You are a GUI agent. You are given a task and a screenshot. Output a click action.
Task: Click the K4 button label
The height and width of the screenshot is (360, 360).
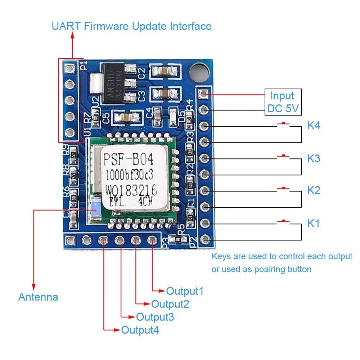click(x=314, y=126)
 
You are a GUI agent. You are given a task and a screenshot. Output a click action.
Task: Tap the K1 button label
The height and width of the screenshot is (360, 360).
click(x=314, y=224)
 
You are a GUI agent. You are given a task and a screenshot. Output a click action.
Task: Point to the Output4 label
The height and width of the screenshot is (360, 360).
click(x=140, y=330)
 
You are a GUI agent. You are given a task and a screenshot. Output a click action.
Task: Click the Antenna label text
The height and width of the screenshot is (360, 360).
click(x=38, y=297)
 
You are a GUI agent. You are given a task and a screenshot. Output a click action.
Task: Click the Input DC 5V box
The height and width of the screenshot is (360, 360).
click(x=283, y=102)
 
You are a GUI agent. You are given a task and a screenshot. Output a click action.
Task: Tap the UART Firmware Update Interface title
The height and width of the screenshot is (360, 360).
click(x=131, y=26)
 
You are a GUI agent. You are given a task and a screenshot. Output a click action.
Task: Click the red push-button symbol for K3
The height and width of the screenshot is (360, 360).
click(x=284, y=156)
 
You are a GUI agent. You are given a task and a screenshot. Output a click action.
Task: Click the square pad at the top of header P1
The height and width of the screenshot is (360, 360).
click(x=69, y=67)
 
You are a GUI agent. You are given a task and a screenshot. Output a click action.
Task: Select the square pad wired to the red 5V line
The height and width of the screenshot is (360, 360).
click(x=204, y=94)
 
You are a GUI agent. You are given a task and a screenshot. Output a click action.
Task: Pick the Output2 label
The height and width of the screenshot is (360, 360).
click(x=170, y=304)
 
